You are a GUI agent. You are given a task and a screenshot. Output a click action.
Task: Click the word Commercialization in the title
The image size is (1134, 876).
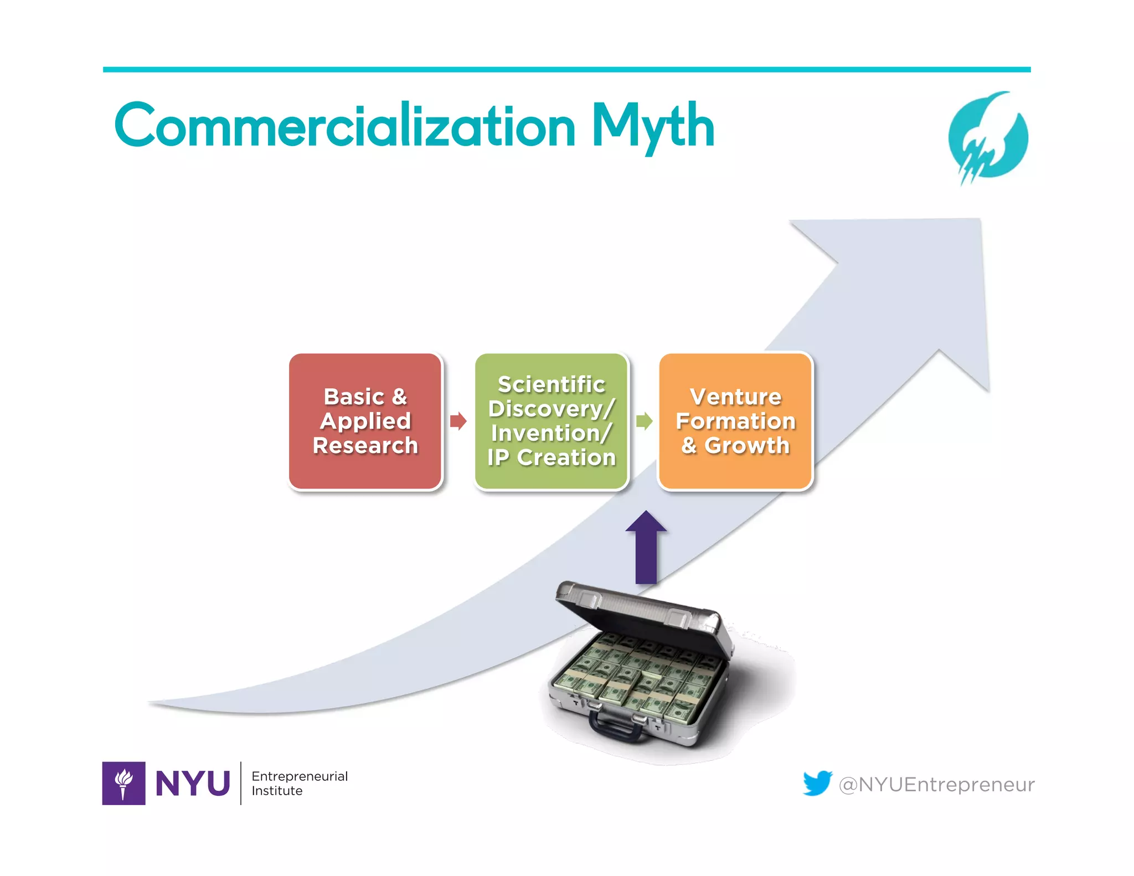346,126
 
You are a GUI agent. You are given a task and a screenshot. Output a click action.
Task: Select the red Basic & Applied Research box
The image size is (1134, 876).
365,421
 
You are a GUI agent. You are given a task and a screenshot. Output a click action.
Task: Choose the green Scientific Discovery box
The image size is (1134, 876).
551,421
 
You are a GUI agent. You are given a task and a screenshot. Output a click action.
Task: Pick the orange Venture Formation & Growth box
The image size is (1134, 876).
735,421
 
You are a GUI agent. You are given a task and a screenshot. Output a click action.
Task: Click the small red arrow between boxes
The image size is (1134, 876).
458,421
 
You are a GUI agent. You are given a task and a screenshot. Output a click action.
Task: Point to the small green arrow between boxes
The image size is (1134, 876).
644,421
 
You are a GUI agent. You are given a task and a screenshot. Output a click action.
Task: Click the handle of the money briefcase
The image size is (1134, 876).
615,728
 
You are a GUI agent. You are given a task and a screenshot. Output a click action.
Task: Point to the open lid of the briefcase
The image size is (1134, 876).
642,615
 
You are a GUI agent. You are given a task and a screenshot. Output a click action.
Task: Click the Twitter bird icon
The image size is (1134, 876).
817,782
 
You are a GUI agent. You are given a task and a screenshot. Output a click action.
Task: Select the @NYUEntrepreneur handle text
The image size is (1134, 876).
936,784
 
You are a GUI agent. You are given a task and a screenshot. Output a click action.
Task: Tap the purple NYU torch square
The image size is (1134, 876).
123,783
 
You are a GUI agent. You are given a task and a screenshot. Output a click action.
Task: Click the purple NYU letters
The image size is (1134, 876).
193,784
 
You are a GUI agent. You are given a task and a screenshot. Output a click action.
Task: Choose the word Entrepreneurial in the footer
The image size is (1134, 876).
300,776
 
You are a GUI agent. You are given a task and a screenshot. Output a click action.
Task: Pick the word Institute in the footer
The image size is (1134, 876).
277,791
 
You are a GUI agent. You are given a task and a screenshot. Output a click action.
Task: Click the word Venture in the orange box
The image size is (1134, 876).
735,396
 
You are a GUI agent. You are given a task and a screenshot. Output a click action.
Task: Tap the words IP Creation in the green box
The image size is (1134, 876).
551,457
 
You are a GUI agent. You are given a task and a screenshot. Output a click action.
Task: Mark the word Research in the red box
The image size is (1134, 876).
365,445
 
